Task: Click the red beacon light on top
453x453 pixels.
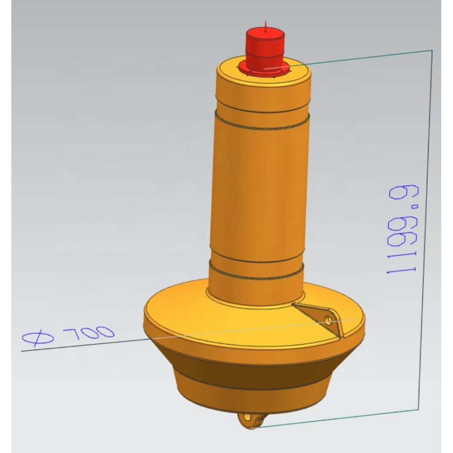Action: (x=265, y=49)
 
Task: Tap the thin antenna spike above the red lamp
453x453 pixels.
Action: (x=266, y=25)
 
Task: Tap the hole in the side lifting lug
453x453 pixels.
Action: (x=328, y=320)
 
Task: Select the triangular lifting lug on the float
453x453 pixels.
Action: (x=321, y=318)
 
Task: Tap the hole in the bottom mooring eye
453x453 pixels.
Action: (x=247, y=418)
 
